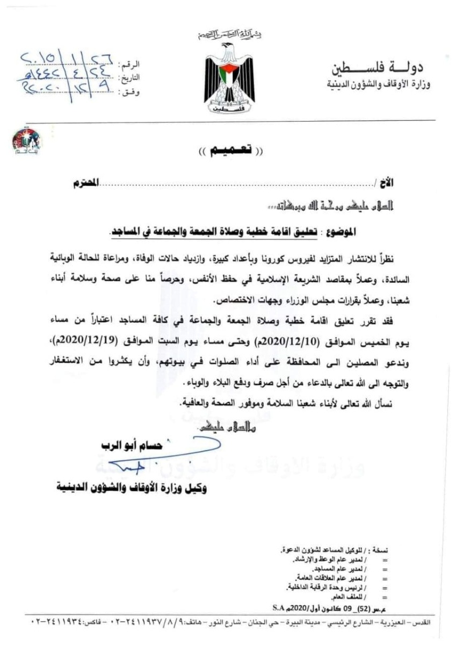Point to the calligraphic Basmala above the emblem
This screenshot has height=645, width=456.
(228, 35)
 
